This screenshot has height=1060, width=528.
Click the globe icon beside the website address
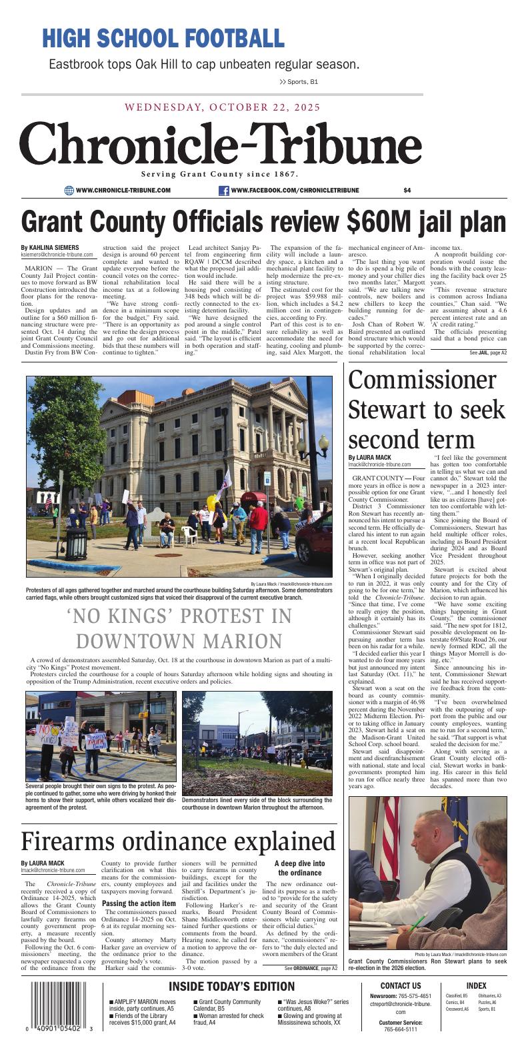point(69,191)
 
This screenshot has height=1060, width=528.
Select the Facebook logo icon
point(224,191)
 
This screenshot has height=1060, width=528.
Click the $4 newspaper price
point(407,191)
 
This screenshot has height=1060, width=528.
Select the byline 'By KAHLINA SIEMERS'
point(49,247)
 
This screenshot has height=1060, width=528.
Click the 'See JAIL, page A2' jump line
point(487,352)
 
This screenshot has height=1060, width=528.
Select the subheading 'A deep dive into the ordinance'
point(299,867)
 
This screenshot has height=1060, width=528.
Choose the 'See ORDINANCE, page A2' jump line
point(311,967)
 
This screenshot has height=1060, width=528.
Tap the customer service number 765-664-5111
point(400,1029)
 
